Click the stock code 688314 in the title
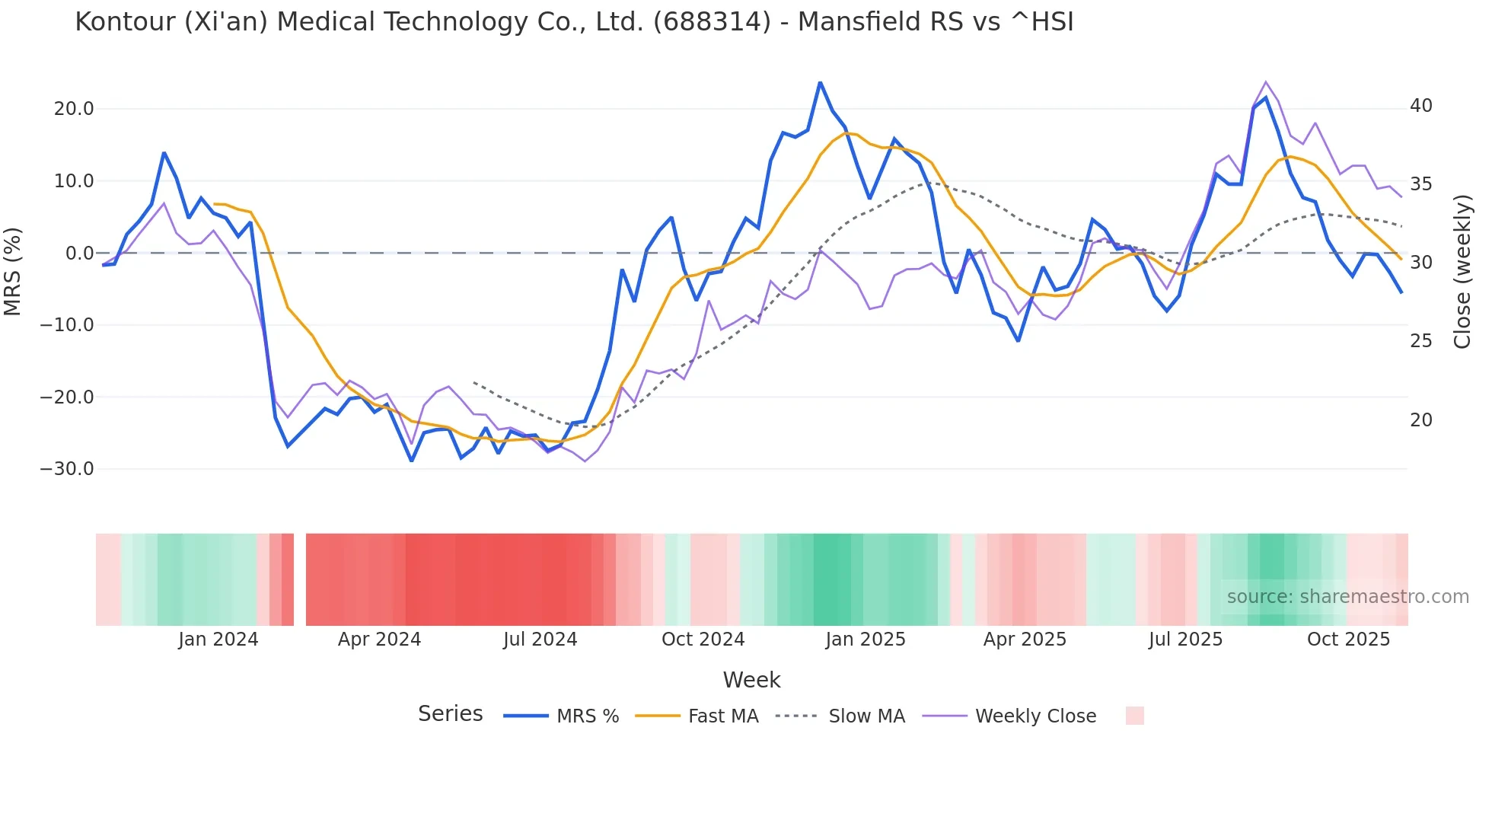coord(712,22)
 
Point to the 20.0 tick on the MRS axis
coord(74,109)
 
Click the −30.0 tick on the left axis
coord(67,469)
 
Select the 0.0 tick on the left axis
coord(79,254)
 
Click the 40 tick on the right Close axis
coord(1420,106)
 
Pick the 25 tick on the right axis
coord(1420,341)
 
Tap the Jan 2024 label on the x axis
coord(218,640)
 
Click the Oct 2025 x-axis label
coord(1348,640)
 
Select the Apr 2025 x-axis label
coord(1025,640)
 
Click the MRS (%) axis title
coord(13,271)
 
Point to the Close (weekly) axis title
coord(1462,272)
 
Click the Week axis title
coord(751,680)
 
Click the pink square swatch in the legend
coord(1134,716)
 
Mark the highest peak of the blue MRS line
coord(820,82)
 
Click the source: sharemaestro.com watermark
coord(1347,597)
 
